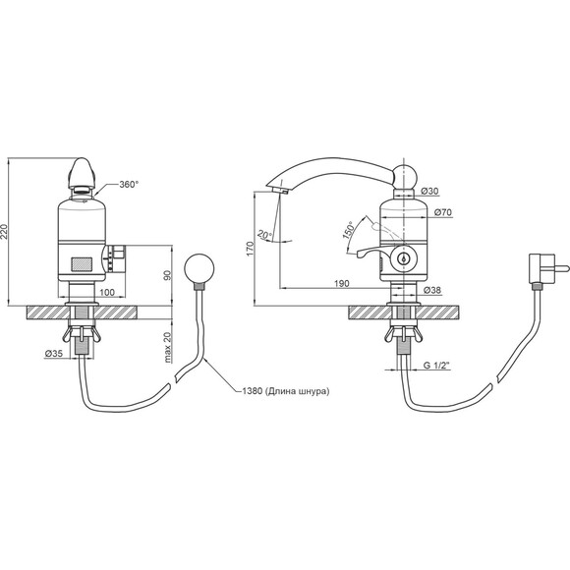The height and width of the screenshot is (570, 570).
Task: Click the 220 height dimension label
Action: tap(5, 231)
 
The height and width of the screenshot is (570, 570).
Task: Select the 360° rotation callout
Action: tap(129, 185)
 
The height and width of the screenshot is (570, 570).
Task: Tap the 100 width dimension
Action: tap(107, 292)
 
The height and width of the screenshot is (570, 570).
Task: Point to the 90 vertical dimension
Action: tap(168, 275)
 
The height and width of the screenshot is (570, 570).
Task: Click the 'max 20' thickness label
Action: tap(168, 348)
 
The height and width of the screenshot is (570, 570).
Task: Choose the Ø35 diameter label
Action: tap(54, 353)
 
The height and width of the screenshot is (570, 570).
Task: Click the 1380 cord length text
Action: tap(286, 391)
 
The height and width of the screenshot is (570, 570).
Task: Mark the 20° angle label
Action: tap(264, 235)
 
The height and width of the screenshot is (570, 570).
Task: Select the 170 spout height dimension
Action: tap(251, 249)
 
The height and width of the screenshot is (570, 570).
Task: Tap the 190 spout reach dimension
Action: tap(341, 284)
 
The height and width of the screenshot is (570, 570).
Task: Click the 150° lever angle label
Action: tap(348, 230)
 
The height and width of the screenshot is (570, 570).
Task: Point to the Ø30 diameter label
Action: tap(429, 192)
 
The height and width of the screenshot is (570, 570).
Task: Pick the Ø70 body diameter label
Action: tap(443, 212)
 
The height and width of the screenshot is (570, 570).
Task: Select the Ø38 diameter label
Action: tap(432, 290)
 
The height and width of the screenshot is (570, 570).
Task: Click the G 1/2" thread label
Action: tap(436, 366)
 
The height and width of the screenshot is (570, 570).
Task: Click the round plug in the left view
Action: tap(199, 268)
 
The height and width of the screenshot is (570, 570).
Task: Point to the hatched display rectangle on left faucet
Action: tap(82, 264)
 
